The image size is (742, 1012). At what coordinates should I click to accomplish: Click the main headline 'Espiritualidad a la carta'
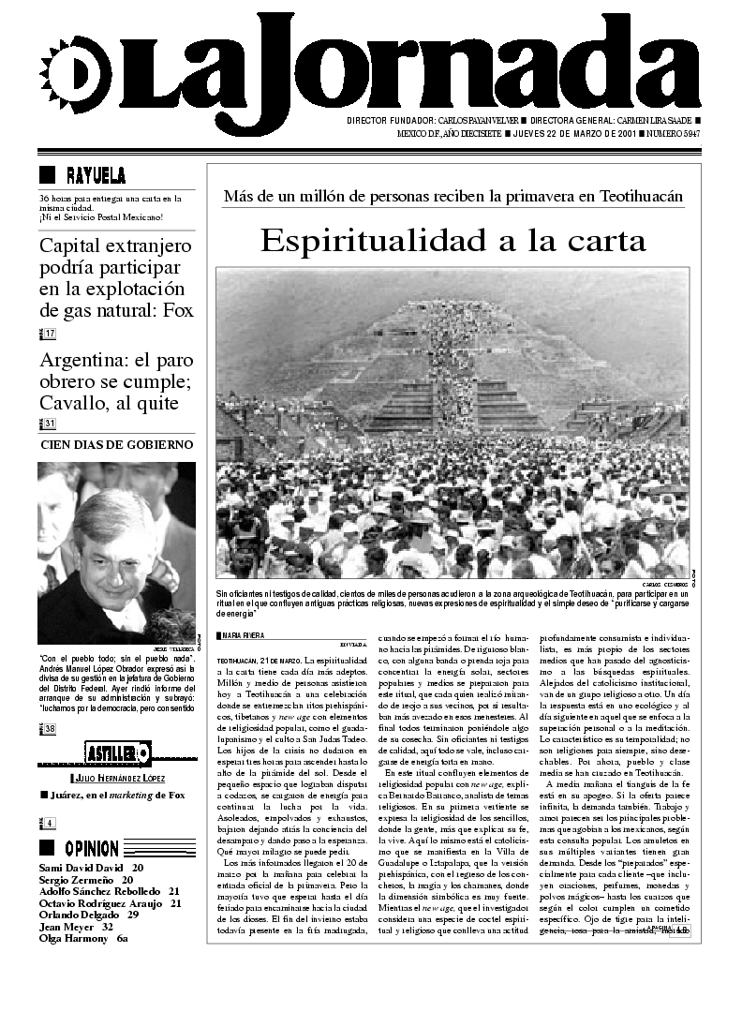coord(453,241)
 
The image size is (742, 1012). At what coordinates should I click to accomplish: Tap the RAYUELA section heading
coord(96,175)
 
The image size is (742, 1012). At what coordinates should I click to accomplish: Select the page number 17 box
coord(49,335)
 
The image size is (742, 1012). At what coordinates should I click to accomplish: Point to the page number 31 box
coord(49,424)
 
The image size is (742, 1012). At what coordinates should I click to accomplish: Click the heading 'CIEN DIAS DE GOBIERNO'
coord(117,444)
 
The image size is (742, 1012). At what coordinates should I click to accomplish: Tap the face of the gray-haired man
coord(112,553)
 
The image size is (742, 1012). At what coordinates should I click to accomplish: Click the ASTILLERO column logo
coord(117,752)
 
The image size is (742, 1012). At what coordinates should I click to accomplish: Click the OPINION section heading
coord(91,849)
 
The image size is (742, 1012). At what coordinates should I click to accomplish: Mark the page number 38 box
coord(49,729)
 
